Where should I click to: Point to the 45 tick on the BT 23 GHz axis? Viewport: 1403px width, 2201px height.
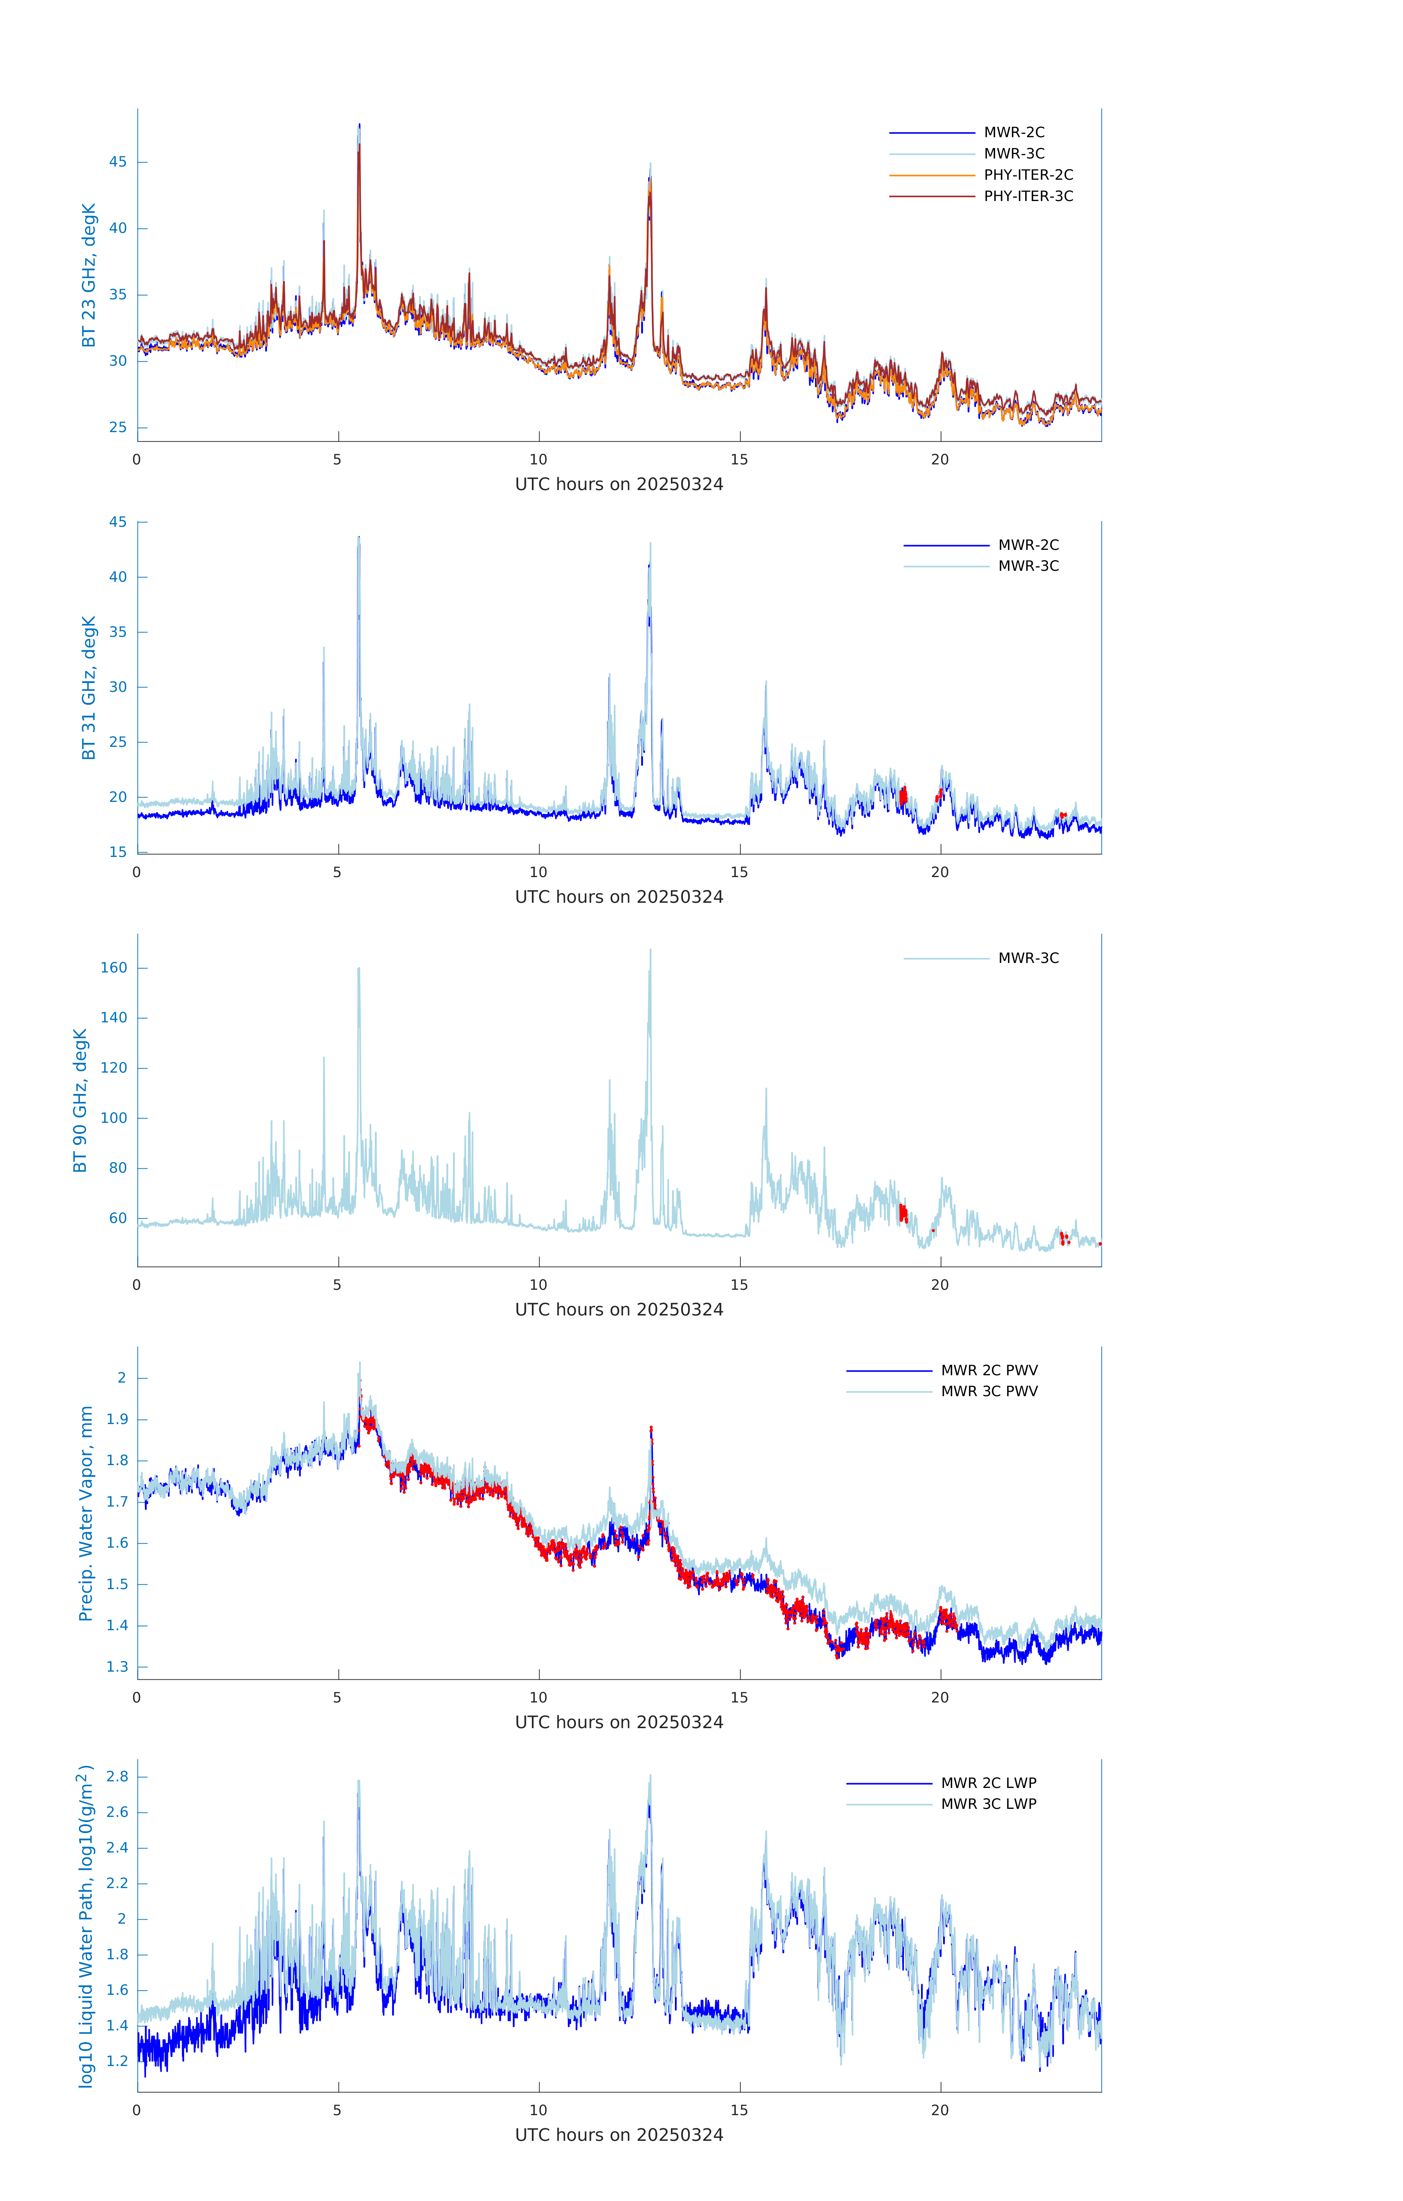pyautogui.click(x=118, y=162)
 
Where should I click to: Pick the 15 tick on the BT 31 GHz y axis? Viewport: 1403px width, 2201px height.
pyautogui.click(x=118, y=852)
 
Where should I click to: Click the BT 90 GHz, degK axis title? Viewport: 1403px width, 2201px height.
pyautogui.click(x=80, y=1100)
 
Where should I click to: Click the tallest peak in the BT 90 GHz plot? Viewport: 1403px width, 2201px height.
pyautogui.click(x=651, y=950)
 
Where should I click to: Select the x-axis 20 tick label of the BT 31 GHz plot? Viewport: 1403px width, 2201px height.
pyautogui.click(x=940, y=872)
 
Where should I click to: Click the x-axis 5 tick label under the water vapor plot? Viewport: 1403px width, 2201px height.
pyautogui.click(x=337, y=1697)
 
